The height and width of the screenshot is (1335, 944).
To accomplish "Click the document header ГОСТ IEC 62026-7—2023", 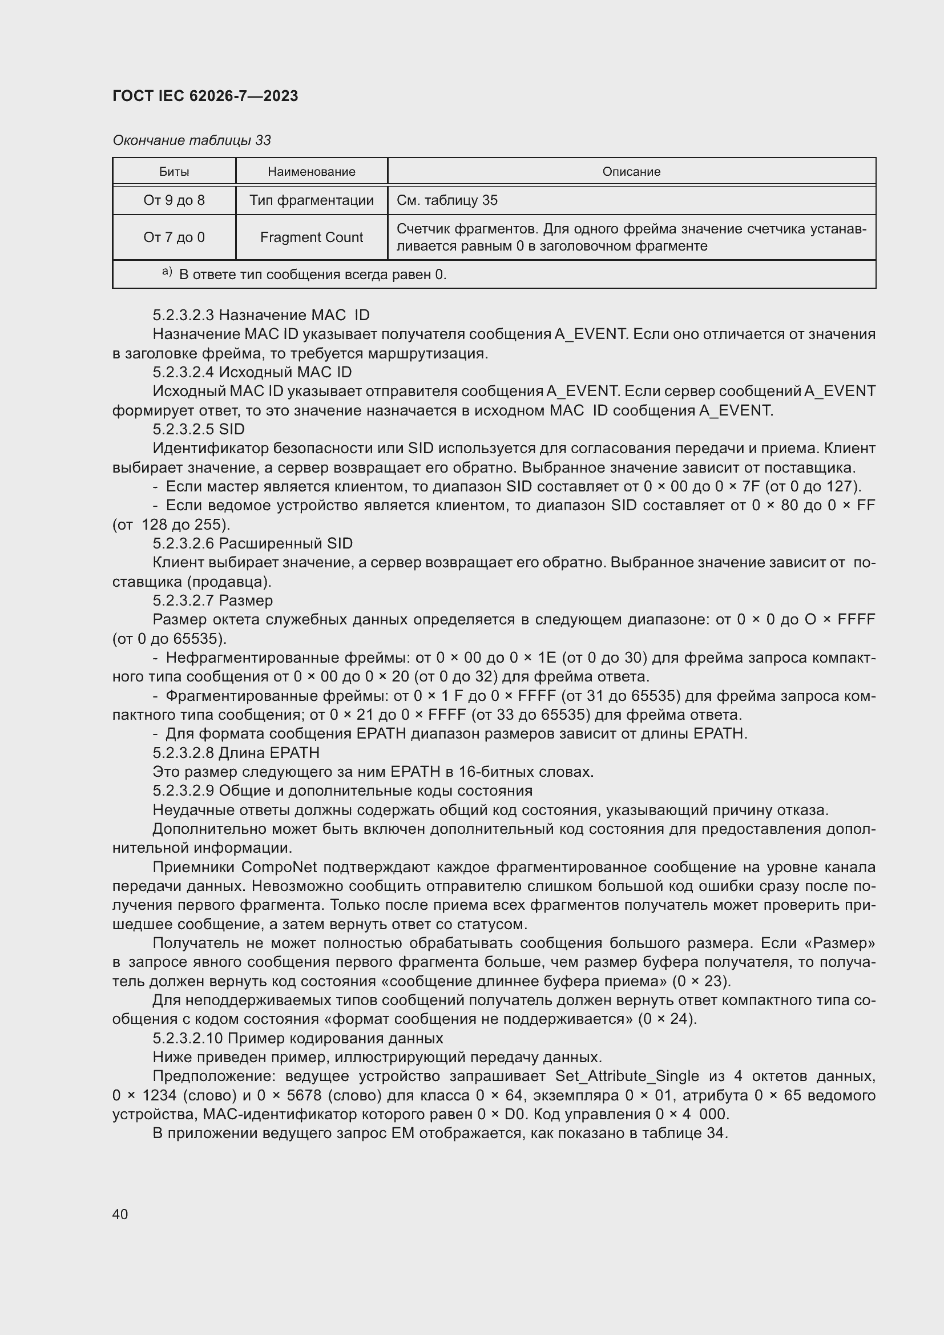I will click(x=205, y=96).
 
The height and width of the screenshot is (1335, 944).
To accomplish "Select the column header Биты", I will click(x=174, y=172).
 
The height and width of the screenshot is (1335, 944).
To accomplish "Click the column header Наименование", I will click(x=311, y=172).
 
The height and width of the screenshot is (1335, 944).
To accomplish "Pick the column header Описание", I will click(x=631, y=172).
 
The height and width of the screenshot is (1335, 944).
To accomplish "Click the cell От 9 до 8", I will click(x=174, y=200).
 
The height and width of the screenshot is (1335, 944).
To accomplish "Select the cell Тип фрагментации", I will click(x=311, y=200).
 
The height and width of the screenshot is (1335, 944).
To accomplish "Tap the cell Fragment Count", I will click(x=311, y=237).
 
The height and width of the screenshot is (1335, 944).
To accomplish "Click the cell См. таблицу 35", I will click(x=446, y=200).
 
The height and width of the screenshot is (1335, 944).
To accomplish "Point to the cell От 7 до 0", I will click(x=174, y=237).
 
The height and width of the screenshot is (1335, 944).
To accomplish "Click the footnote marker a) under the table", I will click(x=167, y=272).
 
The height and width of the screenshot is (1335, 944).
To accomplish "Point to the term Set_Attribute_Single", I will click(x=627, y=1076).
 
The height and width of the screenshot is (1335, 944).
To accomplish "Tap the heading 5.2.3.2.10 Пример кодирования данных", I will click(x=297, y=1038).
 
